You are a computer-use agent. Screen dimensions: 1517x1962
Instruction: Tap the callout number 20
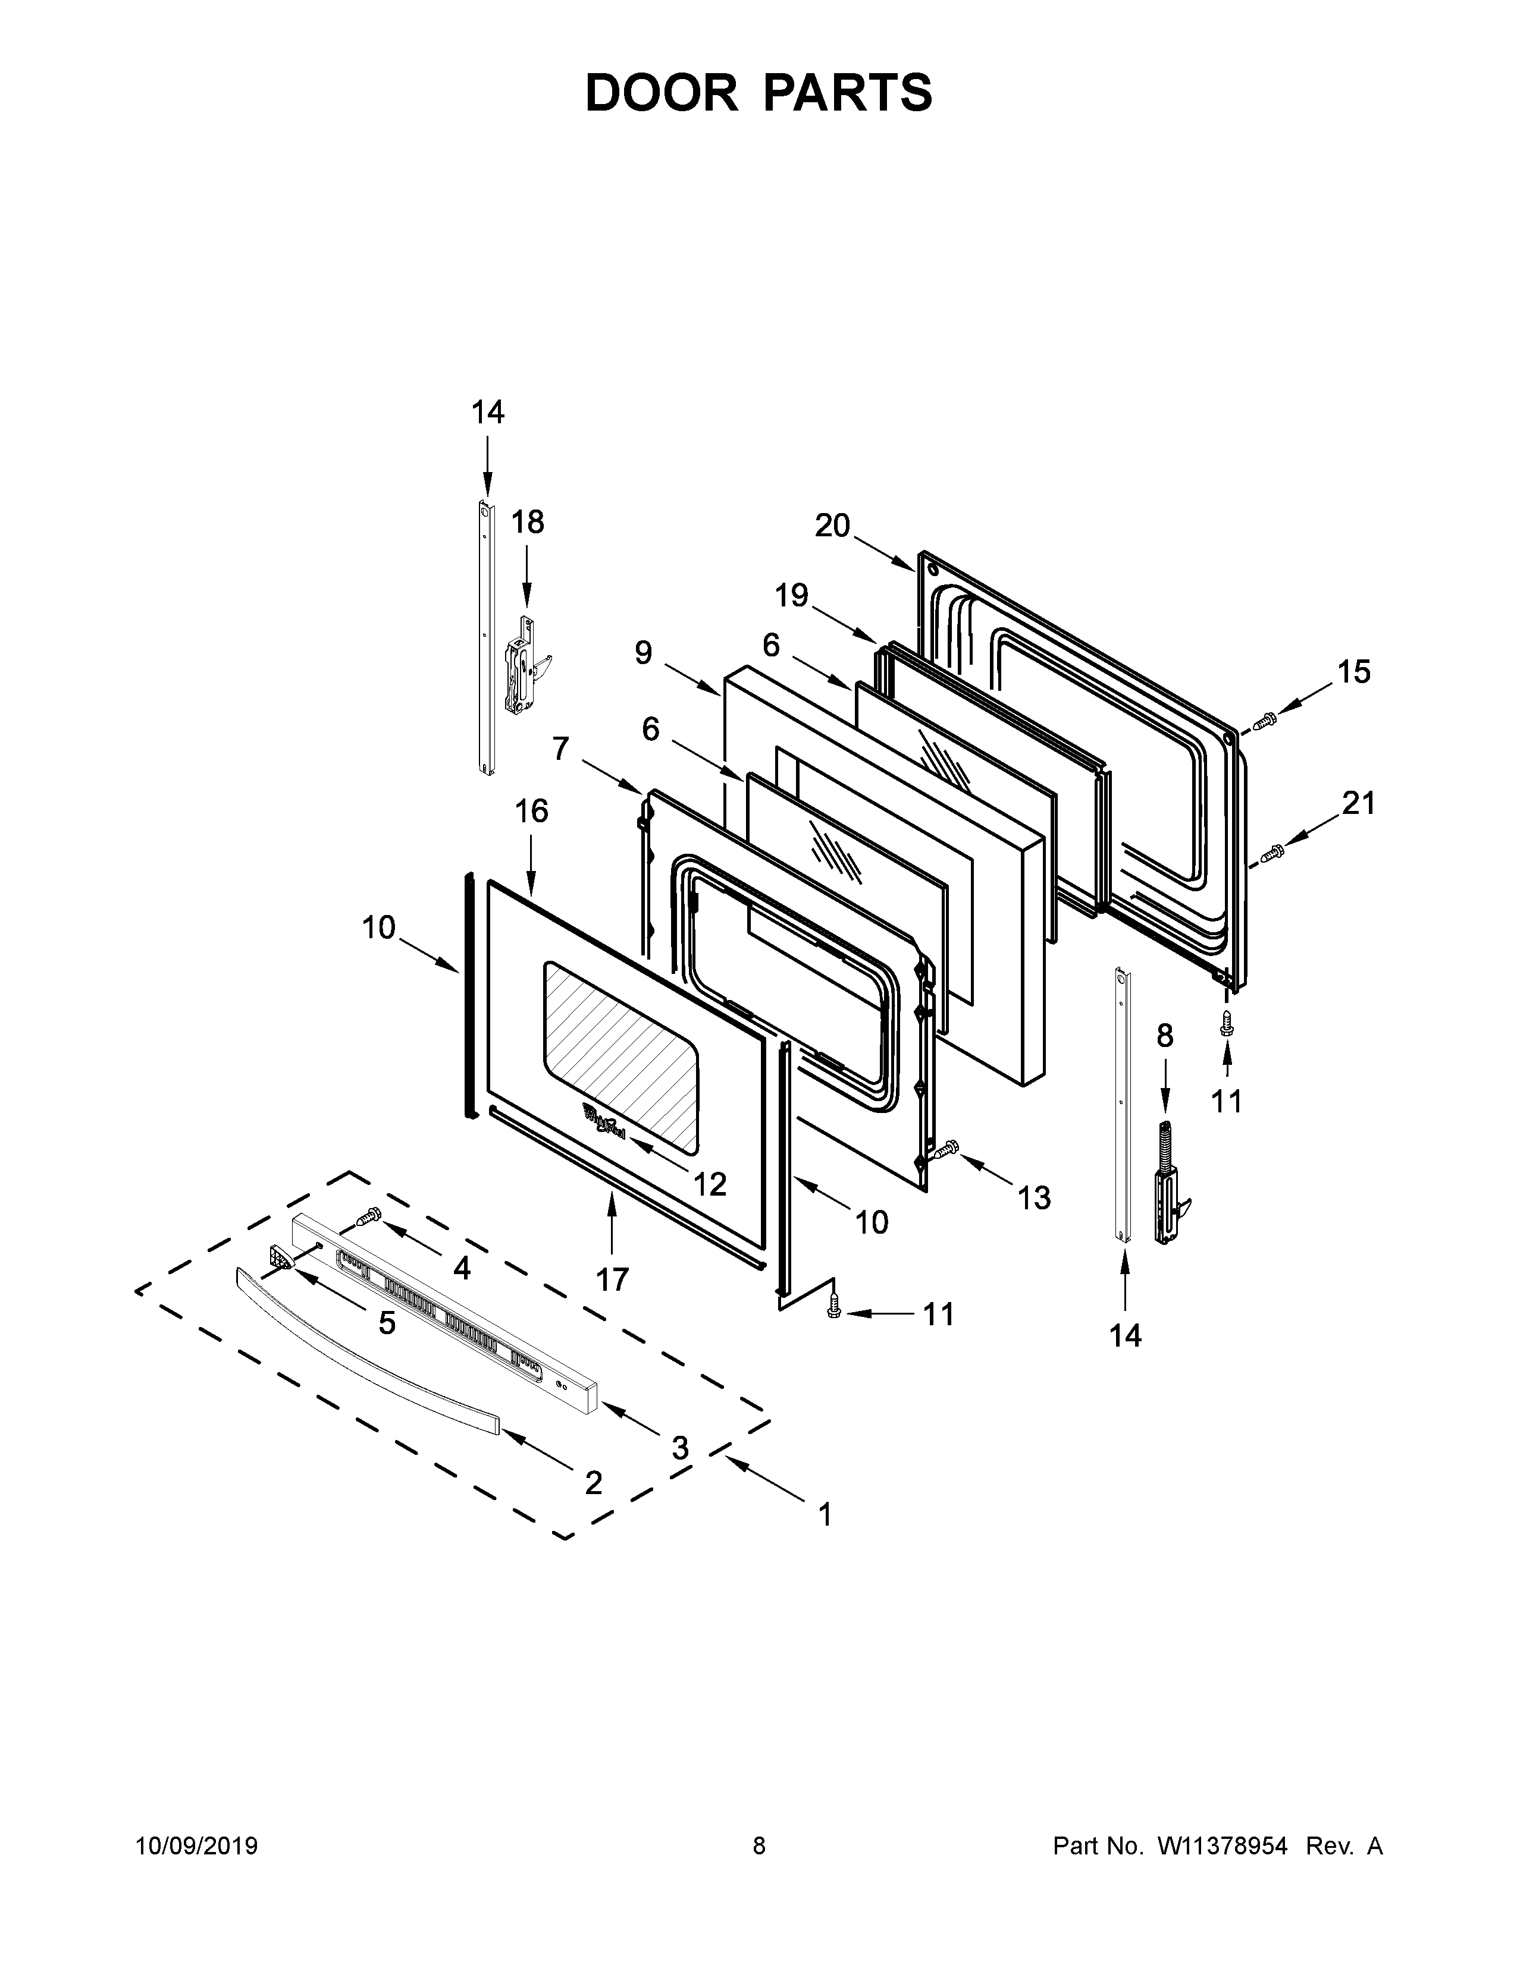click(x=832, y=526)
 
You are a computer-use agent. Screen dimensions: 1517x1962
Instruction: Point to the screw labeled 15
click(x=1265, y=719)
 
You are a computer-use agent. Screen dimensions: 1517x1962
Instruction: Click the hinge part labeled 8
click(x=1170, y=1183)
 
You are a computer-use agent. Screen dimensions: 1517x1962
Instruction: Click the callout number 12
click(x=709, y=1184)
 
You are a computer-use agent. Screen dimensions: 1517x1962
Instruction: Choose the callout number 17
click(x=612, y=1278)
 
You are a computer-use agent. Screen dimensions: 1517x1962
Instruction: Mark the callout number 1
click(x=825, y=1515)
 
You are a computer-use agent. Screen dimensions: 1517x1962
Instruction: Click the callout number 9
click(x=644, y=653)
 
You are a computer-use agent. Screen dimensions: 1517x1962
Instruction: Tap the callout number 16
click(x=531, y=811)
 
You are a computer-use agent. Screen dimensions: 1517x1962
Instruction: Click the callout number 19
click(x=792, y=595)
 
